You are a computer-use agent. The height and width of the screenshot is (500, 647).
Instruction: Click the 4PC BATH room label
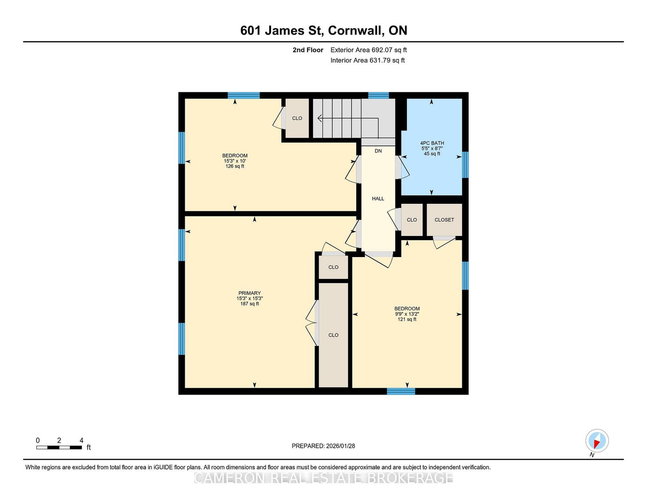pyautogui.click(x=432, y=143)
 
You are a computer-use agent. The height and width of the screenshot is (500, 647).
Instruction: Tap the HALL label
pyautogui.click(x=378, y=198)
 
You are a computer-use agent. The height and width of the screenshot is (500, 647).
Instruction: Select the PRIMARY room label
pyautogui.click(x=249, y=293)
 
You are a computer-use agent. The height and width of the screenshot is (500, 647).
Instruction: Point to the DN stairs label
pyautogui.click(x=378, y=151)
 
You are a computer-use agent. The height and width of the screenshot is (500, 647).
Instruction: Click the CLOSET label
pyautogui.click(x=444, y=219)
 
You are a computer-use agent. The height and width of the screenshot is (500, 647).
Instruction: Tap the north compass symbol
pyautogui.click(x=597, y=441)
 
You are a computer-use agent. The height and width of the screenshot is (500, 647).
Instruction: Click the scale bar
pyautogui.click(x=59, y=447)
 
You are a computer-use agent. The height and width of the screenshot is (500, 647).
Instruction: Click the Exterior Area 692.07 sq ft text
pyautogui.click(x=369, y=50)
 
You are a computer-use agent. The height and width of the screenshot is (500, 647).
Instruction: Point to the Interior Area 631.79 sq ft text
pyautogui.click(x=368, y=60)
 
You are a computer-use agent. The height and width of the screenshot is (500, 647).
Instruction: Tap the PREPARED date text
pyautogui.click(x=323, y=446)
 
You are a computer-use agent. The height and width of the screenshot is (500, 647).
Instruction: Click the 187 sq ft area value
pyautogui.click(x=249, y=304)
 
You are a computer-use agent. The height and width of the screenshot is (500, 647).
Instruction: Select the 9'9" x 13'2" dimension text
pyautogui.click(x=407, y=314)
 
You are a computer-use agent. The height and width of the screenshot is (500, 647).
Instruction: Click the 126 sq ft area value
pyautogui.click(x=235, y=166)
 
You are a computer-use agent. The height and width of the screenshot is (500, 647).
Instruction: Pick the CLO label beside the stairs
pyautogui.click(x=297, y=118)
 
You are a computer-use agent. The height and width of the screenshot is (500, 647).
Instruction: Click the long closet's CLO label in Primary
pyautogui.click(x=333, y=335)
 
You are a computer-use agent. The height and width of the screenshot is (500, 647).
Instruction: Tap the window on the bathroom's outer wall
pyautogui.click(x=465, y=165)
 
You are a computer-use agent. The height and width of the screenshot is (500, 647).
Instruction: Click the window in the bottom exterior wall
pyautogui.click(x=401, y=391)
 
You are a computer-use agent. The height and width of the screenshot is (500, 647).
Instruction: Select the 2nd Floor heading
pyautogui.click(x=308, y=50)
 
